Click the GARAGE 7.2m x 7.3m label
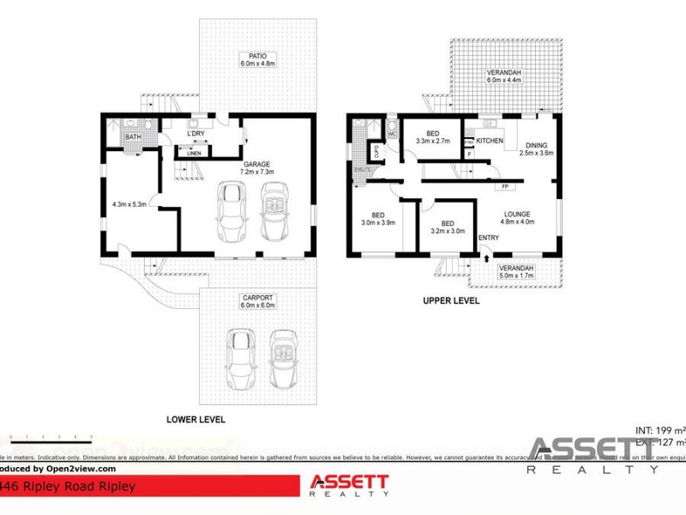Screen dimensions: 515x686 (256, 168)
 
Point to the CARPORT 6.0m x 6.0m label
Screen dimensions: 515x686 (256, 301)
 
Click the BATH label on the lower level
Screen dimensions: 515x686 (133, 137)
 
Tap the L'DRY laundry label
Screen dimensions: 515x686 (195, 135)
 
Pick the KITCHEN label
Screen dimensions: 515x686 (490, 140)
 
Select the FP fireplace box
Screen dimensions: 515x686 (505, 186)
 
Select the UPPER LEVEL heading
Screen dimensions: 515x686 (450, 301)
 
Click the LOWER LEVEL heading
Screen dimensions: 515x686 (196, 420)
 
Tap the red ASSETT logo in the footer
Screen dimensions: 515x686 (349, 484)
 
